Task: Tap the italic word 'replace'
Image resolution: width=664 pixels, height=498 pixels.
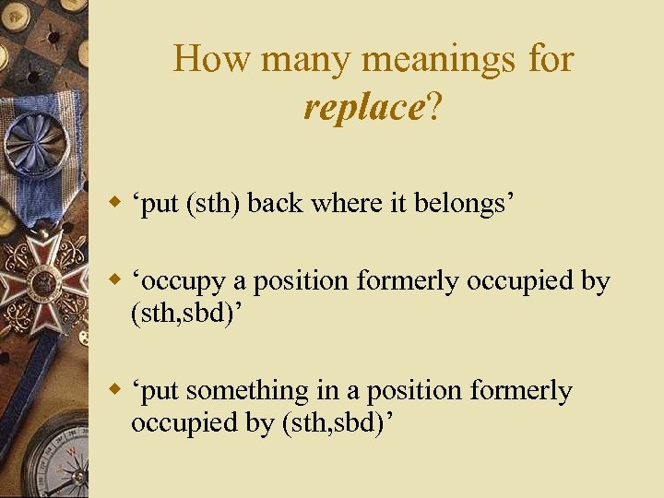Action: point(362,108)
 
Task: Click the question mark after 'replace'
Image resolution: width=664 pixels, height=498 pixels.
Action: point(433,108)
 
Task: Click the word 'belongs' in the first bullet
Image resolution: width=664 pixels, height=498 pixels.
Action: point(461,203)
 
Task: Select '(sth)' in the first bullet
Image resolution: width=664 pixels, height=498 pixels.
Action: point(214,203)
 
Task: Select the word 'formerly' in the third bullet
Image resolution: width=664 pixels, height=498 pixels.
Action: point(521,391)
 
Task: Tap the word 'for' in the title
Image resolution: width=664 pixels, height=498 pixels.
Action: point(551,60)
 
